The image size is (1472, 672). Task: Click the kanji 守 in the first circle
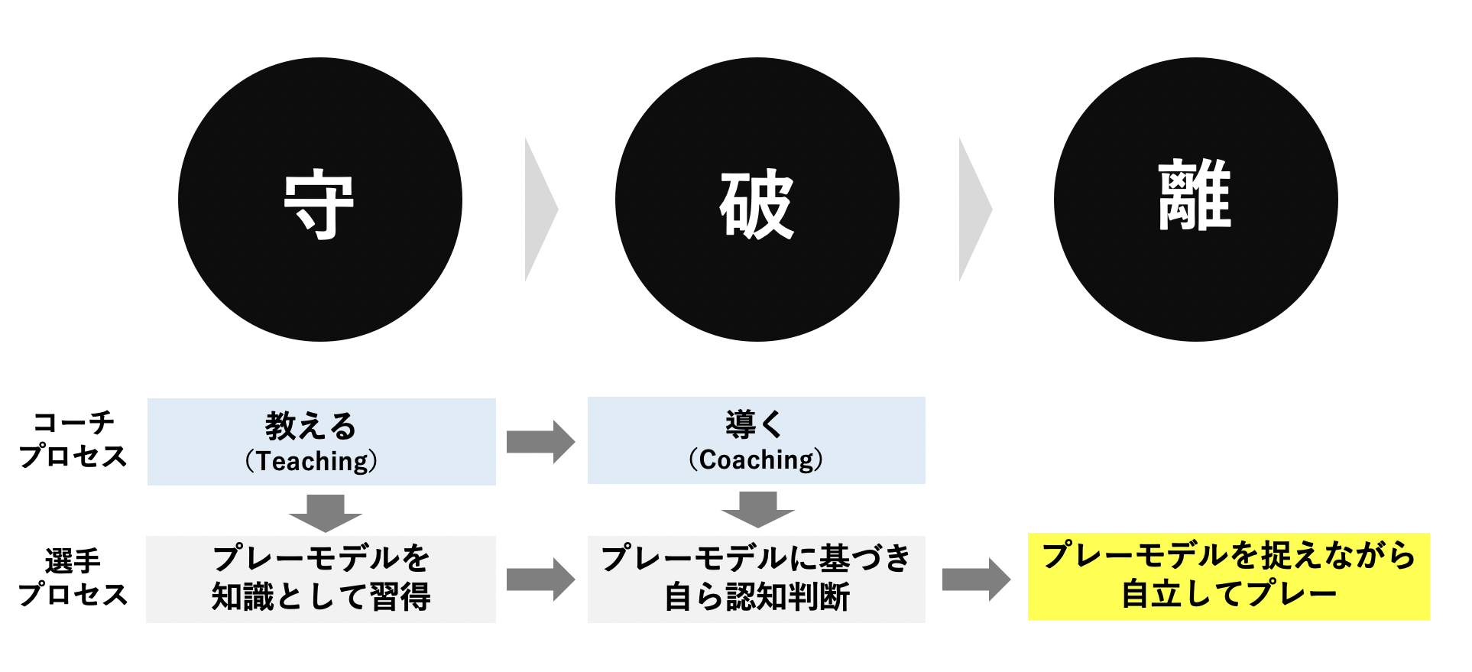pos(319,206)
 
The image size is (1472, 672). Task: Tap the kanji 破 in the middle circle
pos(757,204)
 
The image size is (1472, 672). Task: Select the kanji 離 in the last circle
pos(1195,195)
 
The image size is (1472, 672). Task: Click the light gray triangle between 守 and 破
pos(541,209)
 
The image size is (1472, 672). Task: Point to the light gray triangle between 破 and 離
pos(975,209)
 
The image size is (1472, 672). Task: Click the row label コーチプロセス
pos(73,439)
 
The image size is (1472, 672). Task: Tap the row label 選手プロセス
pos(73,577)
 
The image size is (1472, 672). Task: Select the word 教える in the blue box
pos(311,426)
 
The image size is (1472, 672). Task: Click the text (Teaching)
pos(311,461)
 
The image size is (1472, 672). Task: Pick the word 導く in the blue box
pos(754,424)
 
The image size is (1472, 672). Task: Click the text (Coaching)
pos(756,459)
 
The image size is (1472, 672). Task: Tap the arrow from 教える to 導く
pos(541,442)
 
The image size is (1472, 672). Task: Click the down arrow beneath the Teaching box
pos(326,513)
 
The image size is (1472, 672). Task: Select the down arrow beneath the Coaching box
pos(758,509)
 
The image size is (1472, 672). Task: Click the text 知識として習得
pos(321,597)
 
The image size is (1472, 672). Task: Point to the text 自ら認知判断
pos(757,597)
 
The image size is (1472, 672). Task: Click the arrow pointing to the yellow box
pos(977,579)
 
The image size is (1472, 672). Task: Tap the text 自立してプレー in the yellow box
pos(1229,594)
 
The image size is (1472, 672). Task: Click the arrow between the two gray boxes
pos(541,579)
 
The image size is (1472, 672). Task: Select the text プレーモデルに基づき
pos(757,559)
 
